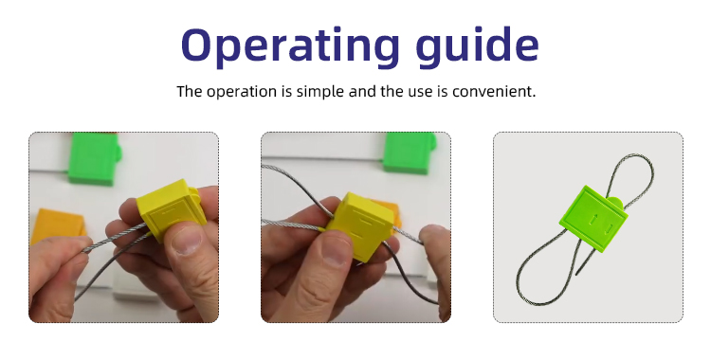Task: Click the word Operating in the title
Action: (x=290, y=45)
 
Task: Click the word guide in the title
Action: (x=477, y=45)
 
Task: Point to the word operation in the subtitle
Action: (x=241, y=92)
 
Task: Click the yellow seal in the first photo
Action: (x=171, y=209)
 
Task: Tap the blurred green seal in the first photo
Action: (x=94, y=158)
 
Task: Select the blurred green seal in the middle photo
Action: (x=408, y=153)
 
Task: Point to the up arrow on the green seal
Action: (x=592, y=219)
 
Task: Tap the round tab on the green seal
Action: (x=616, y=202)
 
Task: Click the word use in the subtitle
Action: (x=421, y=92)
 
